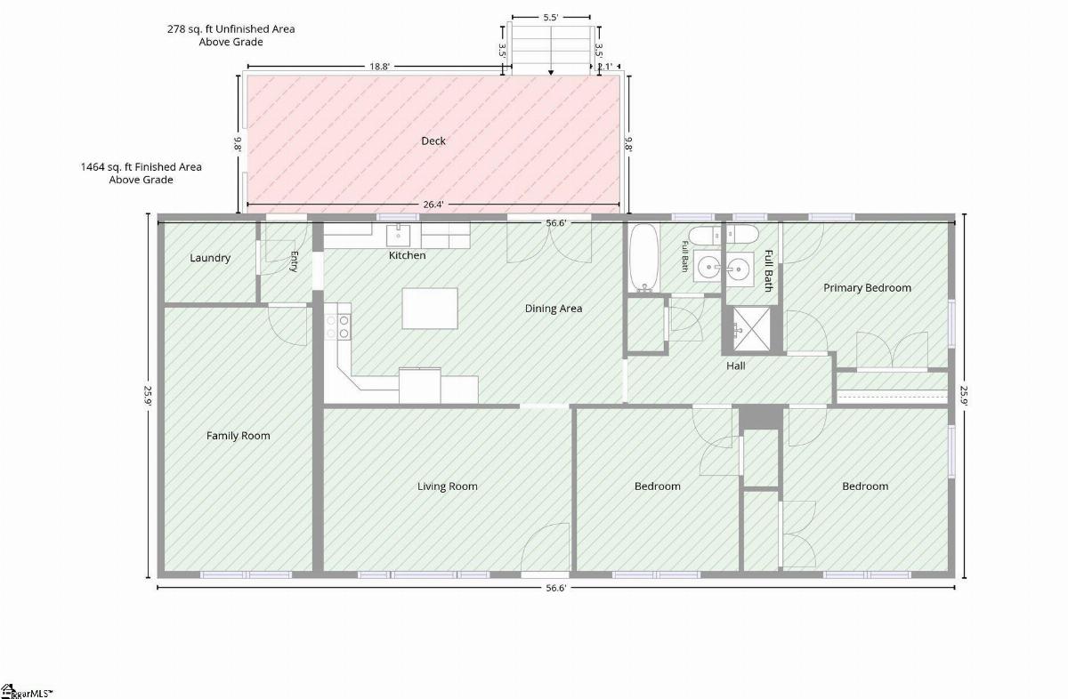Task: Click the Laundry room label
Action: coord(210,258)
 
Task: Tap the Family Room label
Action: coord(238,436)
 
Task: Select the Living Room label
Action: coord(447,486)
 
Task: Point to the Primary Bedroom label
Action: coord(867,288)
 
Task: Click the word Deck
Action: coord(433,141)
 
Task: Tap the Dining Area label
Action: coord(553,309)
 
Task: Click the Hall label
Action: coord(735,366)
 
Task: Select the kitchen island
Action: coord(430,308)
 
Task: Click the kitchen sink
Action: coord(398,235)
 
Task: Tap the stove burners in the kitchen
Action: coord(337,327)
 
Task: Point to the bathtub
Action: coord(643,257)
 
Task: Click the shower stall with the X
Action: coord(751,330)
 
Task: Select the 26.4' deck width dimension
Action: coord(433,205)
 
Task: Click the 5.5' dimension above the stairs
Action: coord(551,17)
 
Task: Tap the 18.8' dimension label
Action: coord(379,67)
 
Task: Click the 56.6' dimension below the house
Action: coord(556,588)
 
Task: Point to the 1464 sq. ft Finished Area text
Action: coord(142,173)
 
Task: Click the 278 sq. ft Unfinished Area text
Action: coord(231,36)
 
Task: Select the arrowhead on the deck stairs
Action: coord(551,72)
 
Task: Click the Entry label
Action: coord(294,261)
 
